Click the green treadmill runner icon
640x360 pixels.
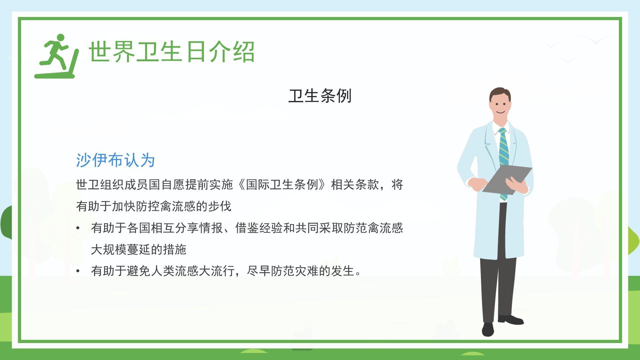pos(57,57)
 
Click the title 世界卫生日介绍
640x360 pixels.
pos(172,52)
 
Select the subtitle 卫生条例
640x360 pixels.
pos(320,96)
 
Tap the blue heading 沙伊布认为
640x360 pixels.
pos(115,160)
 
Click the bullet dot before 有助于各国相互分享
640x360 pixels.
pos(78,228)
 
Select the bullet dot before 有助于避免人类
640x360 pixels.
pos(78,271)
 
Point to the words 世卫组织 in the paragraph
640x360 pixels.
pos(100,185)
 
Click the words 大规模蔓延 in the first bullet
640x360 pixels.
pos(121,250)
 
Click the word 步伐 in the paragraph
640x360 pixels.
pos(220,206)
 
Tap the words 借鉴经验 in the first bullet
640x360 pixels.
pos(259,228)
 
